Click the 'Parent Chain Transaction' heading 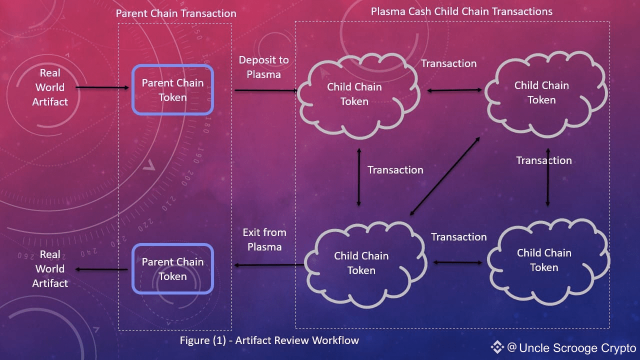(176, 13)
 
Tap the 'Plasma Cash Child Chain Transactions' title (461, 11)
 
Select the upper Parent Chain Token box (172, 90)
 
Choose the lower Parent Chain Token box (172, 268)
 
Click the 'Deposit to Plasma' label (263, 67)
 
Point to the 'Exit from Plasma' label (264, 239)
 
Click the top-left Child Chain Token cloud (354, 94)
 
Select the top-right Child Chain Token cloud (541, 92)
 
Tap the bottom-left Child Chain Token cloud (361, 262)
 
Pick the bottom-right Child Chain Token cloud (544, 259)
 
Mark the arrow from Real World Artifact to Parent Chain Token (102, 88)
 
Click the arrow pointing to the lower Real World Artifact (102, 270)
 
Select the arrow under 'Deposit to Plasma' (265, 90)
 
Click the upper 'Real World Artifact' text (50, 87)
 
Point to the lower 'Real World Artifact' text (50, 269)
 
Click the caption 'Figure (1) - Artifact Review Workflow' (269, 340)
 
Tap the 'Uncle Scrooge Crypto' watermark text (577, 348)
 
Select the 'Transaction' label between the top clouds (448, 63)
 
